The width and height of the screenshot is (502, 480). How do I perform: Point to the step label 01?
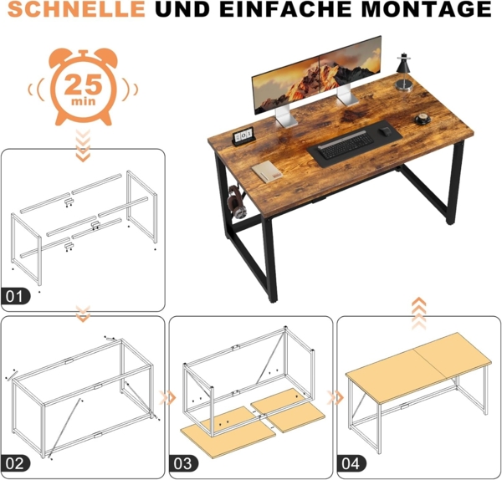[x=17, y=295]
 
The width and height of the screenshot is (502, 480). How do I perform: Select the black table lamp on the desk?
[x=404, y=71]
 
